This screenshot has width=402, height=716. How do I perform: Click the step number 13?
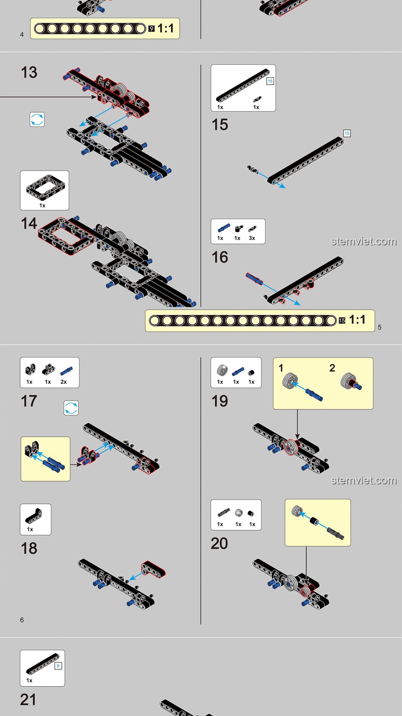pyautogui.click(x=29, y=72)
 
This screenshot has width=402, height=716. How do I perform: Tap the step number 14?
pyautogui.click(x=29, y=223)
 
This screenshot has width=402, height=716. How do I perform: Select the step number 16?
pyautogui.click(x=220, y=257)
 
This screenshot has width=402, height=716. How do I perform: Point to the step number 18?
pyautogui.click(x=29, y=548)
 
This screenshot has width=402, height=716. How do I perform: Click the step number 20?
pyautogui.click(x=219, y=543)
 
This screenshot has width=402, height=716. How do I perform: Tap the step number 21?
pyautogui.click(x=28, y=700)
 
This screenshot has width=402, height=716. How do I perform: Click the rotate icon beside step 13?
pyautogui.click(x=37, y=119)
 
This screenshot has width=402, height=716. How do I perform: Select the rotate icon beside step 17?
pyautogui.click(x=71, y=408)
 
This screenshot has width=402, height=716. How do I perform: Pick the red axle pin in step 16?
pyautogui.click(x=254, y=278)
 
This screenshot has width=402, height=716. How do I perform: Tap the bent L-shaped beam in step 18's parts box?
pyautogui.click(x=33, y=516)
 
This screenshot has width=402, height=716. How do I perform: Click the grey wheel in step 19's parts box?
pyautogui.click(x=222, y=370)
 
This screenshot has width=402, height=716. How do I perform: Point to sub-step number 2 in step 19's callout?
pyautogui.click(x=332, y=368)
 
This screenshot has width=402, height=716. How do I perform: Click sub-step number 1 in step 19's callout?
pyautogui.click(x=281, y=368)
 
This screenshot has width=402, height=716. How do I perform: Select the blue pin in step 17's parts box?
pyautogui.click(x=67, y=371)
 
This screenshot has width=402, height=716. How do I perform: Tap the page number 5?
pyautogui.click(x=380, y=327)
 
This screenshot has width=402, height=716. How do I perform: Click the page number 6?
pyautogui.click(x=22, y=620)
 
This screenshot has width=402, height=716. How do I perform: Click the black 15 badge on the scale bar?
pyautogui.click(x=342, y=320)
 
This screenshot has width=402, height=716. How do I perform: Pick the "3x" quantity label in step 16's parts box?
pyautogui.click(x=252, y=238)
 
